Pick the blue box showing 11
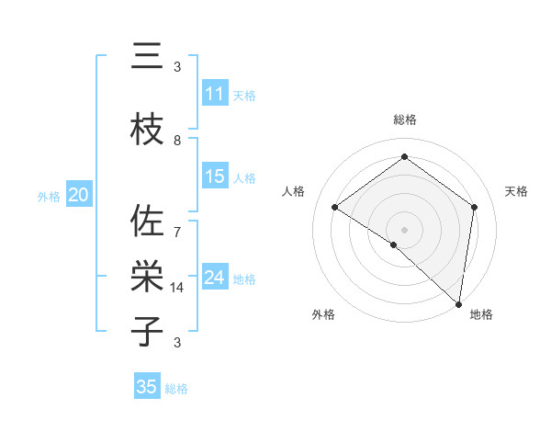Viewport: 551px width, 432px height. [x=214, y=94]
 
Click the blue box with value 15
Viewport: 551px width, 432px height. [x=214, y=176]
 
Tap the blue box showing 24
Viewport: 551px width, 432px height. [x=214, y=278]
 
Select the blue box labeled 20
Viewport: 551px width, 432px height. [x=78, y=195]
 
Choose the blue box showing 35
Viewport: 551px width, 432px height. [x=147, y=387]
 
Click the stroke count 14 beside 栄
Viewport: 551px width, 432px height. [x=177, y=288]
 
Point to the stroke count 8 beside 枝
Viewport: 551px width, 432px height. [x=177, y=141]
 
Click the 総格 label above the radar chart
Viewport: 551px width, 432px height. [x=404, y=119]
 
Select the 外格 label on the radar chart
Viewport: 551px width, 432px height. [x=323, y=315]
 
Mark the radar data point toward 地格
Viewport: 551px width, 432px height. [x=458, y=302]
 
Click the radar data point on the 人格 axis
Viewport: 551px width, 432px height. [x=335, y=207]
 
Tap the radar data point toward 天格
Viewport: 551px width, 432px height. [x=474, y=207]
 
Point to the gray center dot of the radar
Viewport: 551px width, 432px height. [x=404, y=229]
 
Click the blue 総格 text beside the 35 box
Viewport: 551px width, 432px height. [x=176, y=389]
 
